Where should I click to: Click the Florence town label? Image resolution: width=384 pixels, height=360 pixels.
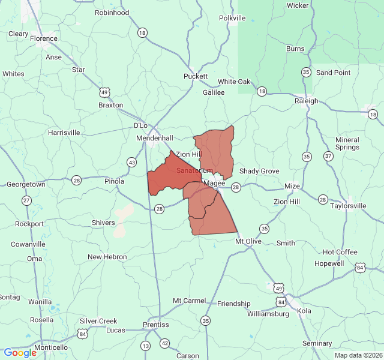[x=44, y=38]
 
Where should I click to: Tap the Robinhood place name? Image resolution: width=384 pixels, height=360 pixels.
[x=112, y=13]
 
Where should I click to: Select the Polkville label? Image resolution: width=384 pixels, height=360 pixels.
[x=232, y=18]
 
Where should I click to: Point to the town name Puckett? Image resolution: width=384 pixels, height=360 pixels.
[x=196, y=76]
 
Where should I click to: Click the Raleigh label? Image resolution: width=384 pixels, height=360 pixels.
[x=306, y=101]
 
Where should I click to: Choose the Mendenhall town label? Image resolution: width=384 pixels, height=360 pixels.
[x=155, y=138]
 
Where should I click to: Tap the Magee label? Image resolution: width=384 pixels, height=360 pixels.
[x=214, y=183]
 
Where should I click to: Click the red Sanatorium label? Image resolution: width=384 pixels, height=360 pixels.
[x=194, y=171]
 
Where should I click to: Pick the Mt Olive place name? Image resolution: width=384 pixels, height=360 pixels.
[x=248, y=241]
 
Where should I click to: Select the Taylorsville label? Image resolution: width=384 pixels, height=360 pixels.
[x=348, y=206]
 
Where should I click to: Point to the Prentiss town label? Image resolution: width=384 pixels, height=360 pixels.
[x=155, y=325]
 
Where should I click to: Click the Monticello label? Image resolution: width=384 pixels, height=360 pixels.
[x=51, y=347]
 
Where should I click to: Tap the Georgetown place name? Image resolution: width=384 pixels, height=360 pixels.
[x=26, y=185]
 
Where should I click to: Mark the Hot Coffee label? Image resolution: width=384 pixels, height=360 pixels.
[x=340, y=252]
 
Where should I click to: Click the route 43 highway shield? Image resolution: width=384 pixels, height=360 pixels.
[x=131, y=162]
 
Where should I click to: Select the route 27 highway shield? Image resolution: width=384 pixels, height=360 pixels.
[x=26, y=200]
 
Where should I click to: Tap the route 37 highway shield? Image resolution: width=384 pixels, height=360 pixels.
[x=328, y=156]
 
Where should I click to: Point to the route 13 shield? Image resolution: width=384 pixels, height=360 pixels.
[x=145, y=346]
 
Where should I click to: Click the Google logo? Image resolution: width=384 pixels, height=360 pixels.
[x=20, y=353]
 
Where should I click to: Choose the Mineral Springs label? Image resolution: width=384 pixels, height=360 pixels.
[x=347, y=143]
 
